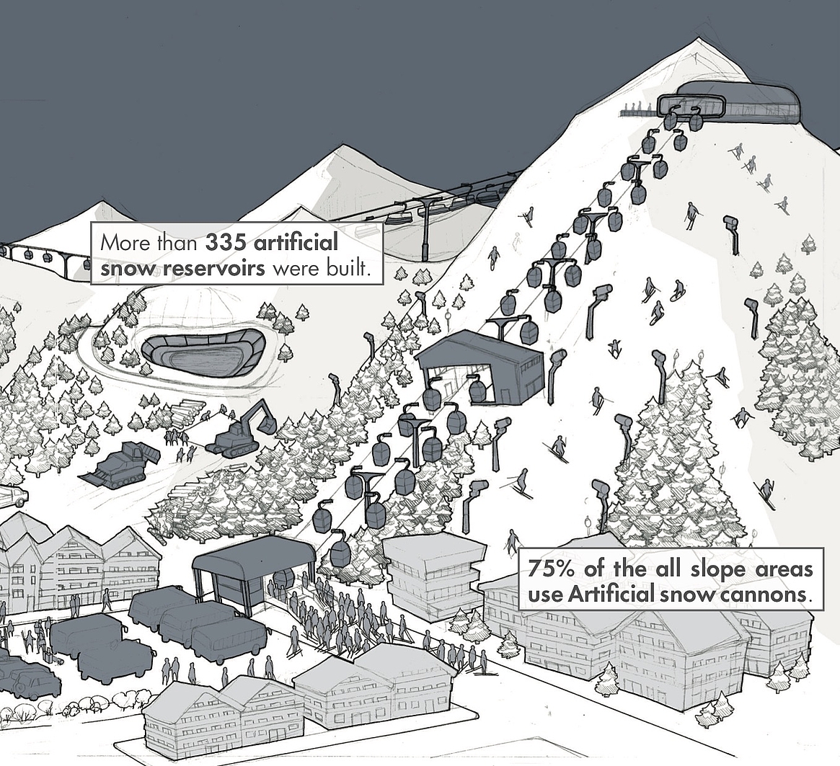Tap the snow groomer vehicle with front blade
(120, 463)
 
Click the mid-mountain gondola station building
(480, 368)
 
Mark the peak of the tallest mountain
(698, 37)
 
